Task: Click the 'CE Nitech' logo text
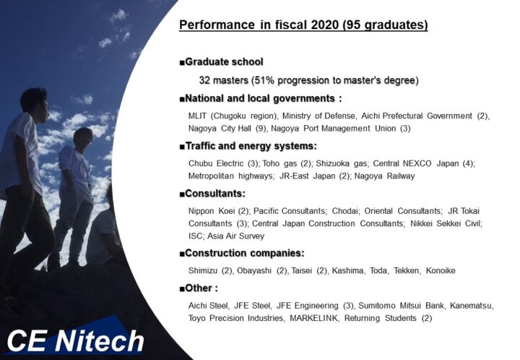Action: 76,340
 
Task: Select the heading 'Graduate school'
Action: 224,61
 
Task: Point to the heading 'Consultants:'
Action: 215,194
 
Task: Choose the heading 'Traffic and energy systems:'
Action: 251,146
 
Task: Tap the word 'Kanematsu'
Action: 471,306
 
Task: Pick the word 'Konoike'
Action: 441,270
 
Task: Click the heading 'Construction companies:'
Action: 245,253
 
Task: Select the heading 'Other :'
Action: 201,288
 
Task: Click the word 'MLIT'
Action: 197,116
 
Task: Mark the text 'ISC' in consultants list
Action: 195,236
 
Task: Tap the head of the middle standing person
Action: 83,137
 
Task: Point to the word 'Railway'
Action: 401,176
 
